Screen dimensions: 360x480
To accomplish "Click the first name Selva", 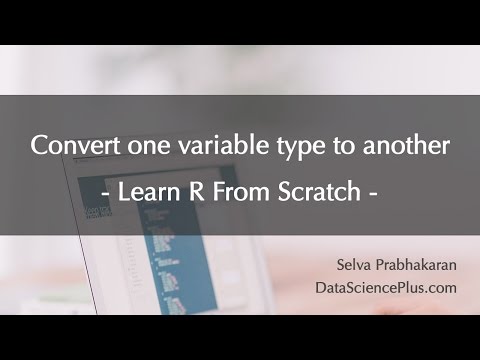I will tap(360, 264).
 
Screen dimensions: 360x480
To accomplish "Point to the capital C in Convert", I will tap(39, 146).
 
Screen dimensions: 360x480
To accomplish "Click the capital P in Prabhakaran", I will tap(388, 264).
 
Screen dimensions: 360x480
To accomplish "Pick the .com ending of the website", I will tap(442, 288).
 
